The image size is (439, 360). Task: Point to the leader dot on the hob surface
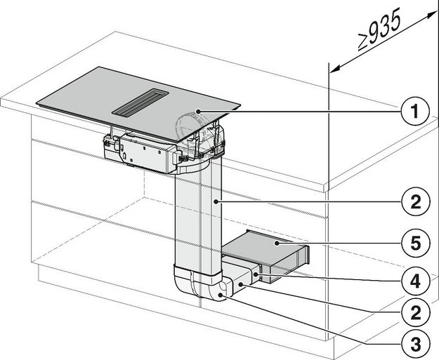199,111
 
